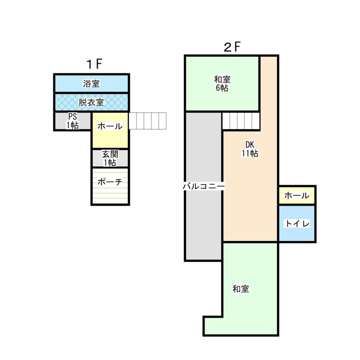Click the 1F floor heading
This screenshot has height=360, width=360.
tap(94, 64)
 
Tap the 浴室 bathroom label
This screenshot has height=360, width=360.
tap(91, 84)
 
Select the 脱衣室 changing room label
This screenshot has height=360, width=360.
tap(91, 102)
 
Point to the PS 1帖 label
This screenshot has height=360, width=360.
tap(72, 121)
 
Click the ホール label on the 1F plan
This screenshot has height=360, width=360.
tap(110, 126)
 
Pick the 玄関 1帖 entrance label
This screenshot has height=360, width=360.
tap(110, 158)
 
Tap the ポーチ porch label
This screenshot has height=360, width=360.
tap(110, 181)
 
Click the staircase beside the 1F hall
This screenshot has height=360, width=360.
tap(148, 121)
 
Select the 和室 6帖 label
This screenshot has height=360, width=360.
tap(222, 83)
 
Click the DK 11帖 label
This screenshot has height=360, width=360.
tap(250, 149)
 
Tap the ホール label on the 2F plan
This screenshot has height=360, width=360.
tap(297, 195)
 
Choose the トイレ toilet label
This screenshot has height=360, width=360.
tap(297, 223)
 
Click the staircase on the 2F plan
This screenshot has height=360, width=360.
tap(241, 121)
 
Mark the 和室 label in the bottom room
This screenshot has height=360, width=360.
tap(241, 288)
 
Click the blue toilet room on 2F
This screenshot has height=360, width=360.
tap(297, 232)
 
